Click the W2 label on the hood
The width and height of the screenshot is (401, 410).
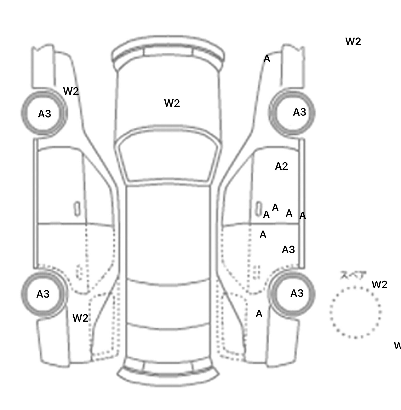[172, 103]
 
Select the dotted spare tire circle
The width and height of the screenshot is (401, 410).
[355, 312]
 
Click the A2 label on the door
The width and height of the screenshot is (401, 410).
[281, 166]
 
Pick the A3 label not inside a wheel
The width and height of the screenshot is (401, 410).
[288, 250]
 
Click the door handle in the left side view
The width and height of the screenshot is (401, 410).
[77, 209]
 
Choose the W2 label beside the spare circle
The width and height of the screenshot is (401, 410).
[379, 284]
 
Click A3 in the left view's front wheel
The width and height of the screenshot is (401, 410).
[44, 114]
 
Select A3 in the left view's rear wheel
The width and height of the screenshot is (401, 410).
[43, 294]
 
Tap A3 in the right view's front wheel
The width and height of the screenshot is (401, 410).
[299, 112]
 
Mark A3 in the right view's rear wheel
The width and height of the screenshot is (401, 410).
[297, 293]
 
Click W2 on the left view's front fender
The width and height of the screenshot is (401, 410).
[71, 91]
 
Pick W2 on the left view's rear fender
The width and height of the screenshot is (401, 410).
[80, 318]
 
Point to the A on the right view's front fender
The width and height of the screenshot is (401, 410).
[267, 59]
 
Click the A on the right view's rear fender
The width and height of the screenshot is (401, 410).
[259, 314]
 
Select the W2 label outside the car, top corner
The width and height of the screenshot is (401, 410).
[353, 41]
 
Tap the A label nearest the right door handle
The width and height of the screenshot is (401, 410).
[266, 215]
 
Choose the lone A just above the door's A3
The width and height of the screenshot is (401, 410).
[263, 235]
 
